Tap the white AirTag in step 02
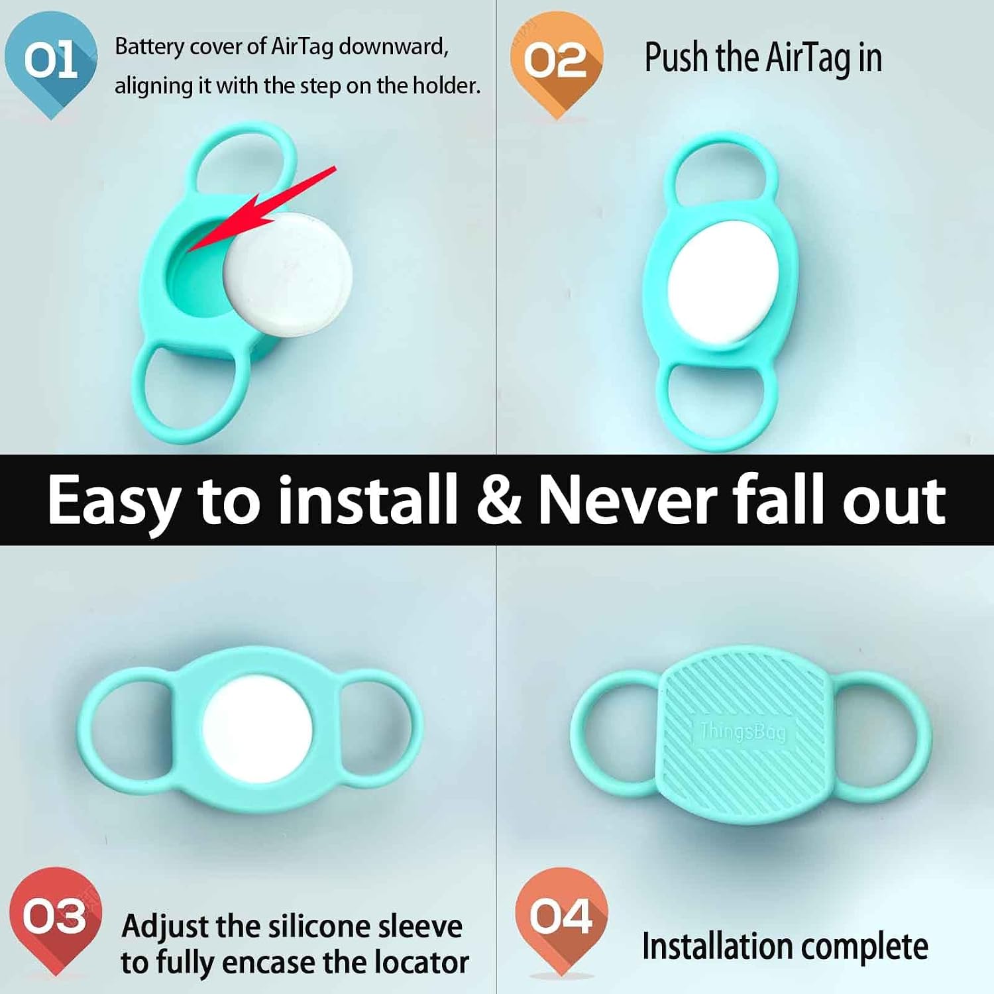click(x=723, y=284)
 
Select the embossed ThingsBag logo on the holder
click(x=742, y=731)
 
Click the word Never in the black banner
click(x=627, y=500)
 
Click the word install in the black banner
click(x=368, y=500)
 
